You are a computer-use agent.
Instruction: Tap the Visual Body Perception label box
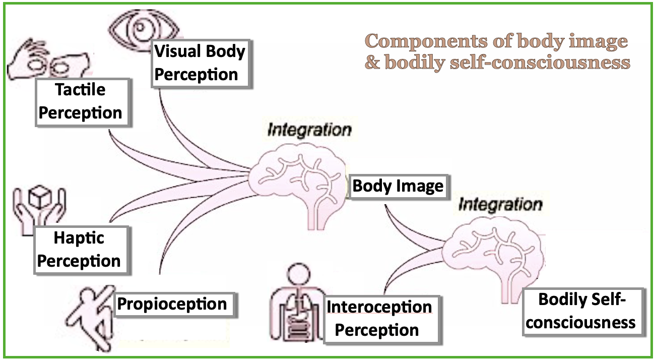(201, 63)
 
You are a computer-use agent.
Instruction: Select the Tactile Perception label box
(81, 102)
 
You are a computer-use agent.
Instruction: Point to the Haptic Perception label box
(80, 249)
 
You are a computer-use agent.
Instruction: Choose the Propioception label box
(172, 304)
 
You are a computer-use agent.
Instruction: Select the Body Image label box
(398, 186)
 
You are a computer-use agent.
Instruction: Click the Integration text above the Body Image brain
(309, 130)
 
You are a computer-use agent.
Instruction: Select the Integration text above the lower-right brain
(500, 205)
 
